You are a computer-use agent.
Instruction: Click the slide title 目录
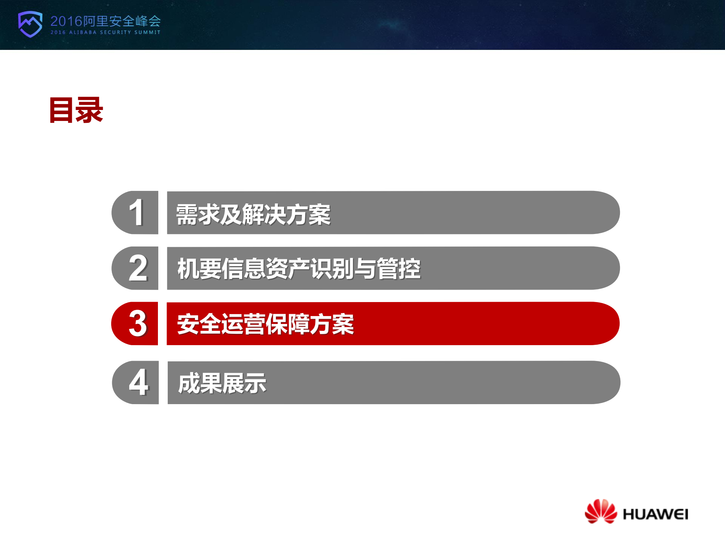(x=76, y=110)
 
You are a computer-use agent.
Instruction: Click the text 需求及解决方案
(x=253, y=214)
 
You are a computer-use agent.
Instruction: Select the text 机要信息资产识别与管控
(x=299, y=269)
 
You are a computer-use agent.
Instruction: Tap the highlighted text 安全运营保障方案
(x=265, y=324)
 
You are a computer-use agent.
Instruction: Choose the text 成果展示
(x=222, y=383)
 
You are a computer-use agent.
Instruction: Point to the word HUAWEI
(x=655, y=514)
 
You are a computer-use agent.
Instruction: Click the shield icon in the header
(x=30, y=24)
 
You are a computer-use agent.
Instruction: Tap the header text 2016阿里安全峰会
(x=105, y=21)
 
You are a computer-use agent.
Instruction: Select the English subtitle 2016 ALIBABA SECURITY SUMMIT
(x=105, y=33)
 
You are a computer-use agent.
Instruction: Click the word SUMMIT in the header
(x=147, y=33)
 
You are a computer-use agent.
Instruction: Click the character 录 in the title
(x=90, y=110)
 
